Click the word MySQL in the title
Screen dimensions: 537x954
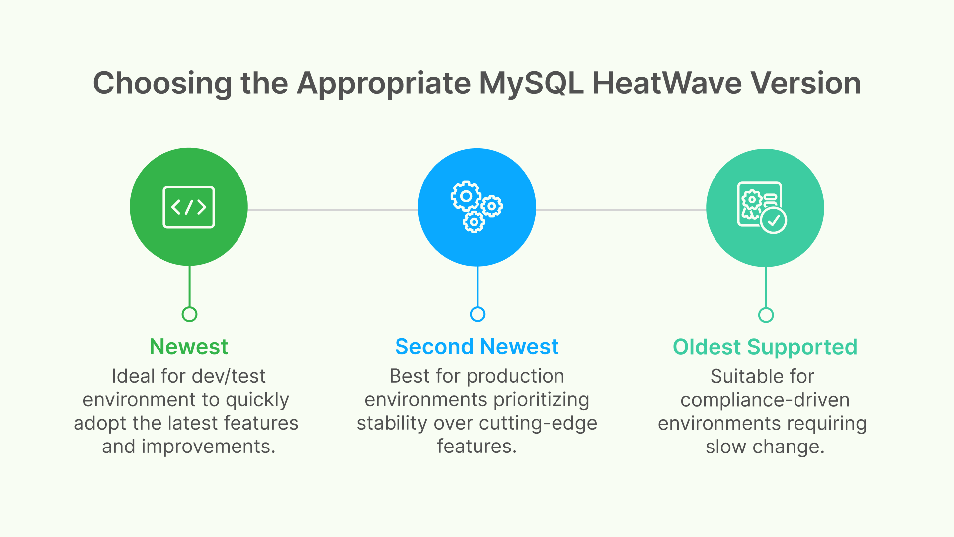(531, 84)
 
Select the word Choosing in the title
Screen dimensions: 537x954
(162, 84)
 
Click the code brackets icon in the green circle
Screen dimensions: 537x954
(189, 207)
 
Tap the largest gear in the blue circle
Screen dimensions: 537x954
(466, 196)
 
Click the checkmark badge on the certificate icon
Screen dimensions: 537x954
(774, 220)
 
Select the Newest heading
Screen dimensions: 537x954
(189, 347)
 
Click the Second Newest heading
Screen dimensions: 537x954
(477, 347)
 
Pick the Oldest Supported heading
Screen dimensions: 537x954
(765, 347)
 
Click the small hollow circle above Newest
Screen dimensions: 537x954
(189, 314)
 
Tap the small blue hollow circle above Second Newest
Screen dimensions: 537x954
(477, 314)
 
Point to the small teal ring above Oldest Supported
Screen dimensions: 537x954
(766, 315)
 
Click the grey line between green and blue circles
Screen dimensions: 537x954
(333, 210)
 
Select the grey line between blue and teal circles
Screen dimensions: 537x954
(621, 210)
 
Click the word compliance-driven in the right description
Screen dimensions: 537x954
(765, 400)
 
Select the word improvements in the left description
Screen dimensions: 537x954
(208, 447)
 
